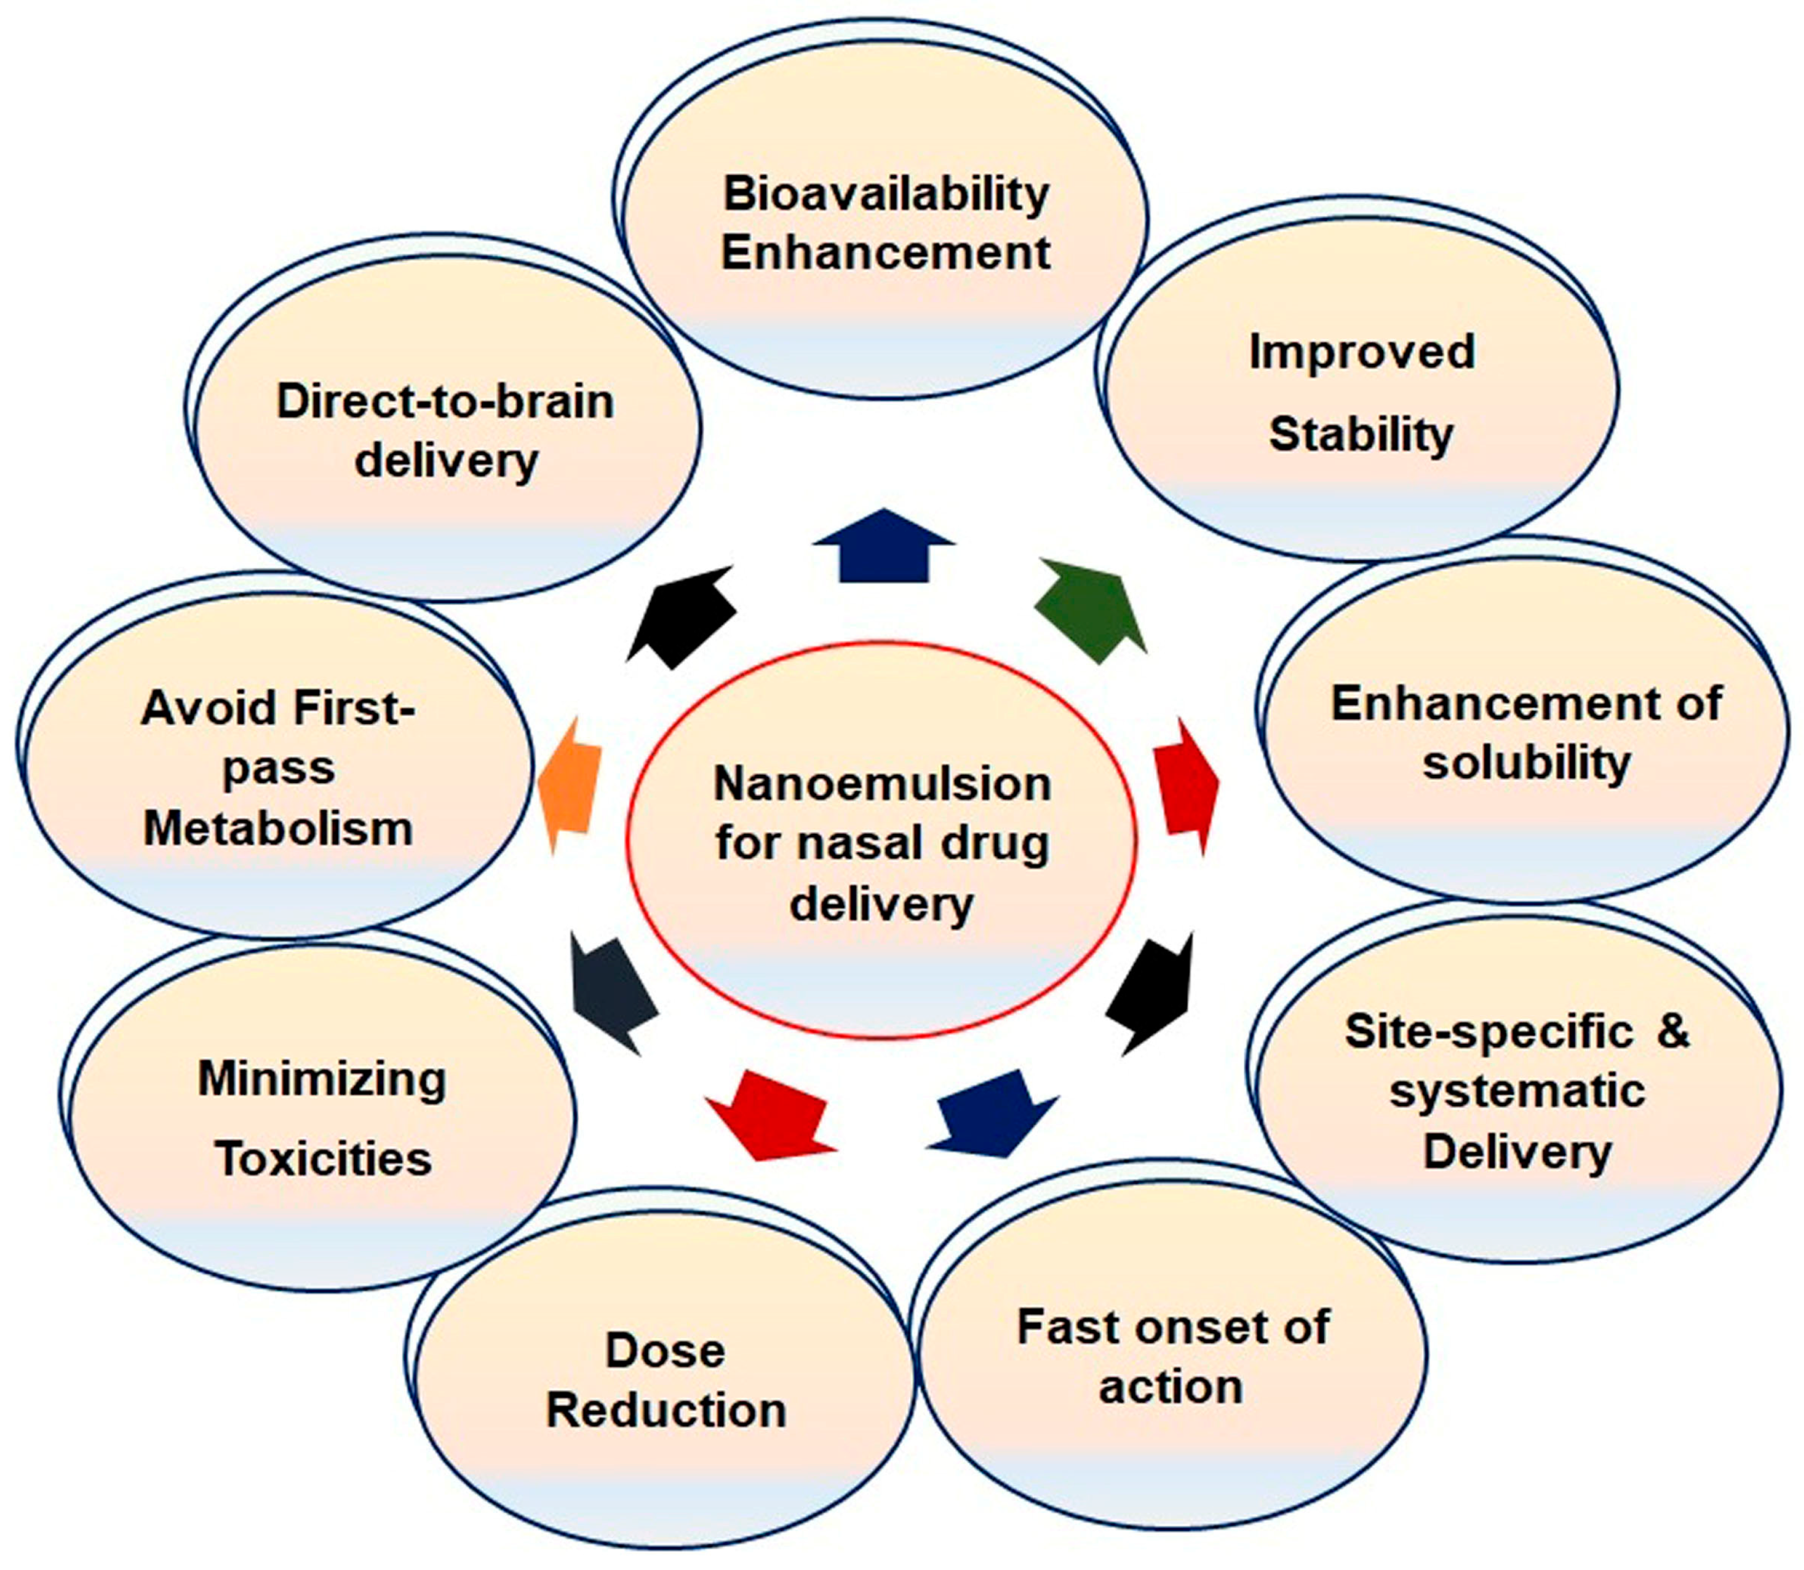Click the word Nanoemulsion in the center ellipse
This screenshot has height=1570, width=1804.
pyautogui.click(x=882, y=784)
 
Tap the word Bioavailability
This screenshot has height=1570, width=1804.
pyautogui.click(x=886, y=193)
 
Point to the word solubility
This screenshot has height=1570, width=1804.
pyautogui.click(x=1526, y=762)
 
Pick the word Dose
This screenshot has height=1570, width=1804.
pyautogui.click(x=665, y=1351)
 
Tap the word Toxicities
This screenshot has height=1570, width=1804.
pyautogui.click(x=323, y=1159)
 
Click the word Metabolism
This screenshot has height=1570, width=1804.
pyautogui.click(x=278, y=828)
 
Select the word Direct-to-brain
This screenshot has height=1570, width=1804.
pyautogui.click(x=445, y=402)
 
